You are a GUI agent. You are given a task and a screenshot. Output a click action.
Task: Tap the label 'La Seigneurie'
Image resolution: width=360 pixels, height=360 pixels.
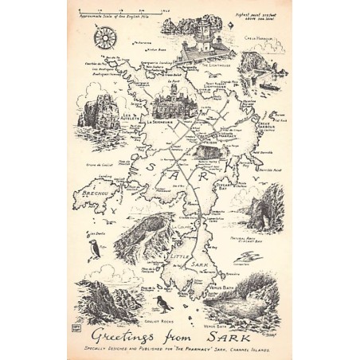pyautogui.click(x=164, y=122)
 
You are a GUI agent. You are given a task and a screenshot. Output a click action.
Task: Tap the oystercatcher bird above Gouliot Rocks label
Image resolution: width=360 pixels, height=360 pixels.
pyautogui.click(x=161, y=303)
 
